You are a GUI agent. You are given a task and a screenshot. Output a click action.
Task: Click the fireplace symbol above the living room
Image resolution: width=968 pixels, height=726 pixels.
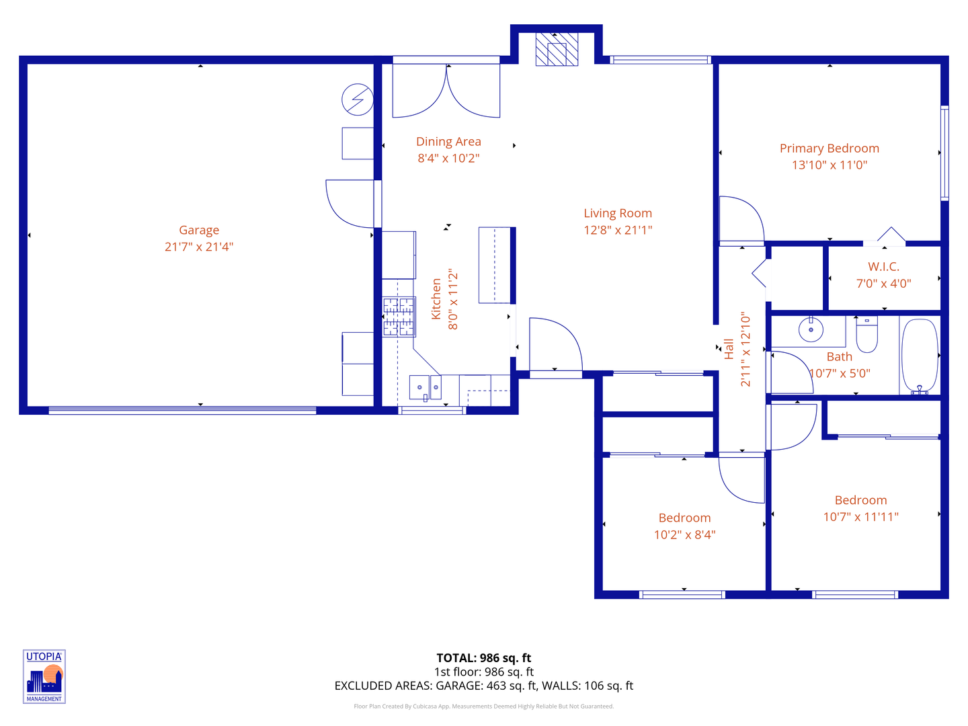pyautogui.click(x=557, y=50)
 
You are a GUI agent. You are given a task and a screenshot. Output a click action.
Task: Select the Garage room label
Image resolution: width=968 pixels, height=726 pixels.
pyautogui.click(x=199, y=231)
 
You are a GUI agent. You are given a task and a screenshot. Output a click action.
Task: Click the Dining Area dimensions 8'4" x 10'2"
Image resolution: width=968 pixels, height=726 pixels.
pyautogui.click(x=448, y=159)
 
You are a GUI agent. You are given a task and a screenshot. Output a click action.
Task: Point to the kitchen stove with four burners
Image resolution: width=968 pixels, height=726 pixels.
pyautogui.click(x=399, y=317)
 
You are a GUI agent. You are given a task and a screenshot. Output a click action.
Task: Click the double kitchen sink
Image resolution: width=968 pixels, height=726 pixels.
pyautogui.click(x=425, y=387)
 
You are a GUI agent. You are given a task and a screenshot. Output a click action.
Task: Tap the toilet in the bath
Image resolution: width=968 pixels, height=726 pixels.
pyautogui.click(x=867, y=334)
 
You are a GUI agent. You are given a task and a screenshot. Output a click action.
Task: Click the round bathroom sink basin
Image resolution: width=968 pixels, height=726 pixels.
pyautogui.click(x=811, y=330)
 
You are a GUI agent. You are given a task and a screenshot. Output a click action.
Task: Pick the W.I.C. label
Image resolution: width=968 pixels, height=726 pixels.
pyautogui.click(x=883, y=267)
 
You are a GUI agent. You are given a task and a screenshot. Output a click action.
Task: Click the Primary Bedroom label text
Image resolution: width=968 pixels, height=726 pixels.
pyautogui.click(x=830, y=149)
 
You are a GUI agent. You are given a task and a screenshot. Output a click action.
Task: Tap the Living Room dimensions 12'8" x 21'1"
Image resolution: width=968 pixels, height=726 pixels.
pyautogui.click(x=618, y=230)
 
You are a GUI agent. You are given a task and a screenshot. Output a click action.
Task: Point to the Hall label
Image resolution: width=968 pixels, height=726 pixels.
pyautogui.click(x=729, y=349)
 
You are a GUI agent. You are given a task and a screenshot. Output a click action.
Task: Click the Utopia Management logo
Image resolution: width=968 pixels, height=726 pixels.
pyautogui.click(x=44, y=676)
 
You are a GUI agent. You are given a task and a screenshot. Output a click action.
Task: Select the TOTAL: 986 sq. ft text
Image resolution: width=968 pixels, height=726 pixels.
pyautogui.click(x=483, y=658)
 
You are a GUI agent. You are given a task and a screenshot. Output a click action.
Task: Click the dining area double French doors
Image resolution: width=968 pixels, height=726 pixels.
pyautogui.click(x=446, y=91)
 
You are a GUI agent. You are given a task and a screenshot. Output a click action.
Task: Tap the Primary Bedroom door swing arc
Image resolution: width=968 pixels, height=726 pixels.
pyautogui.click(x=741, y=218)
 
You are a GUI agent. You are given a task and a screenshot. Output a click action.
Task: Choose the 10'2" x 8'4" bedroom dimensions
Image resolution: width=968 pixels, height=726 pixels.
pyautogui.click(x=684, y=535)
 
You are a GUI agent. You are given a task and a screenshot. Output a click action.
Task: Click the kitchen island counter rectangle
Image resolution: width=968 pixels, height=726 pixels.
pyautogui.click(x=495, y=265)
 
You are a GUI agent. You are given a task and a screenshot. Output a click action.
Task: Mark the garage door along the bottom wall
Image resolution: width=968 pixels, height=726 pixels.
pyautogui.click(x=182, y=410)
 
